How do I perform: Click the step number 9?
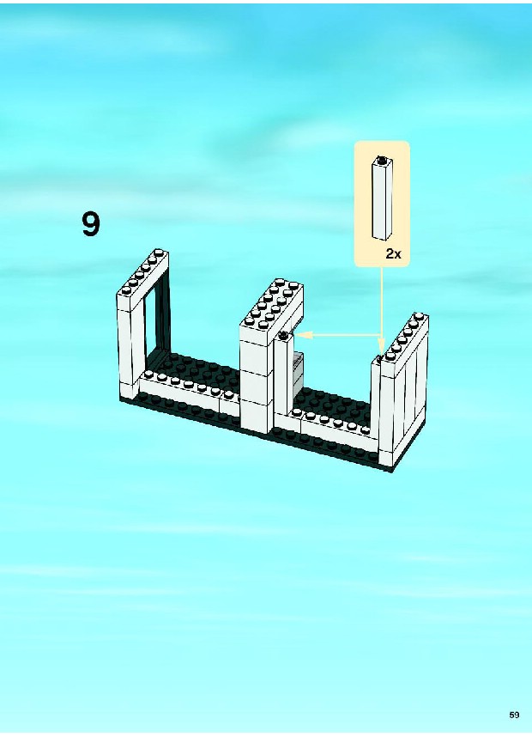91,224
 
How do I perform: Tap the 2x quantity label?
394,254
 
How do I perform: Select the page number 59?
514,715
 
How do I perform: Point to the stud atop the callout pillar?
383,159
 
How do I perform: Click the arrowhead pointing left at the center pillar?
301,335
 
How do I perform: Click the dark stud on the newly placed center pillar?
283,335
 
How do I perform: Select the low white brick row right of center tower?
335,425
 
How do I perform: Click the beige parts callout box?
382,204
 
